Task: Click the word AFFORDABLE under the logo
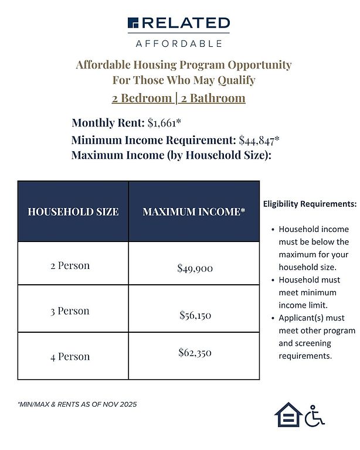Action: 179,43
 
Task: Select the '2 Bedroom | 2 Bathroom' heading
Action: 179,98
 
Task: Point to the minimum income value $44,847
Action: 259,141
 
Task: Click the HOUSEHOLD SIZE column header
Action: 73,212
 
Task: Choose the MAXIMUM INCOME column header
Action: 194,212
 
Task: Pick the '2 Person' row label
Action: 70,265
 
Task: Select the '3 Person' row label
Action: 70,311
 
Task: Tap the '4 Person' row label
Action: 70,356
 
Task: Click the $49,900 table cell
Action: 195,268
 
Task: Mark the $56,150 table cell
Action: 195,315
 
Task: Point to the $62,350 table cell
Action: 195,353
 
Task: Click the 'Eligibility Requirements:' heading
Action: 310,204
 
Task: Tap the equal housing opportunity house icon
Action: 288,414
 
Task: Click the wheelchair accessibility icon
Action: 315,414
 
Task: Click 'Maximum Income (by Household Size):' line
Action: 171,156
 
